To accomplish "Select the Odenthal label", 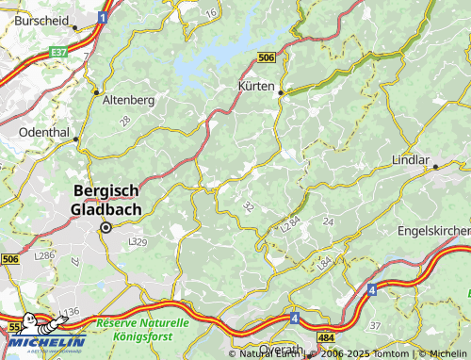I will (x=44, y=132).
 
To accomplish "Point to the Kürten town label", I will (x=254, y=87).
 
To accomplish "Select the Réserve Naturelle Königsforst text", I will (x=142, y=328).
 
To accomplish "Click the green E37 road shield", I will (x=59, y=53).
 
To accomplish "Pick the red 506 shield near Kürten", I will (x=267, y=58).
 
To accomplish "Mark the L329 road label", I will (x=137, y=242).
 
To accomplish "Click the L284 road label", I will (x=289, y=226).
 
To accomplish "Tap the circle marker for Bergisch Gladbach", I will (x=106, y=227).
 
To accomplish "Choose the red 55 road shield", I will (x=12, y=325).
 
